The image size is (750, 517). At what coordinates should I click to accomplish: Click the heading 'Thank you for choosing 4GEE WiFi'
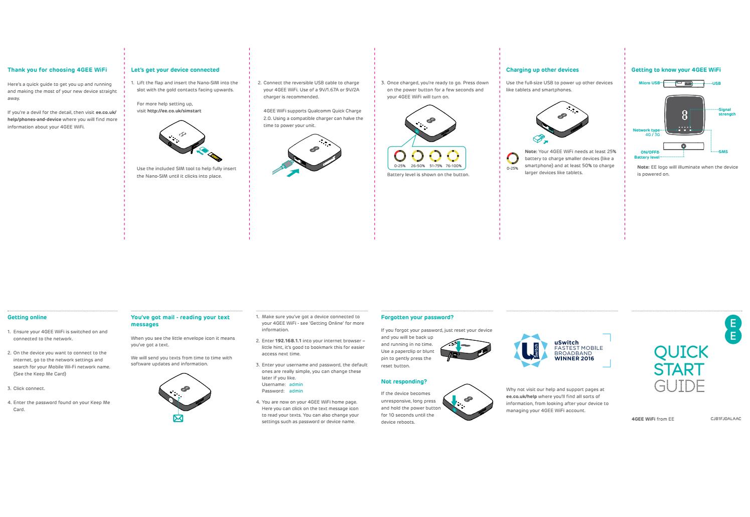tap(57, 70)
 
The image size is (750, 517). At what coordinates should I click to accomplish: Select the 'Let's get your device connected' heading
tap(175, 70)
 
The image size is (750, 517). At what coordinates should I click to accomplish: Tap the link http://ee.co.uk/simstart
tap(174, 111)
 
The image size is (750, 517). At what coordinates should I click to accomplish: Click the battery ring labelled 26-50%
tap(418, 156)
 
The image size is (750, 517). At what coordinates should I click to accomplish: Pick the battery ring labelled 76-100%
tap(453, 156)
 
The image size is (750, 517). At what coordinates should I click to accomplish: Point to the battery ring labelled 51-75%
tap(435, 156)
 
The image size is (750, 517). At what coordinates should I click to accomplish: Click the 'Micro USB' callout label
tap(649, 83)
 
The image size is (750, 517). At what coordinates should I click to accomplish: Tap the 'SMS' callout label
tap(723, 152)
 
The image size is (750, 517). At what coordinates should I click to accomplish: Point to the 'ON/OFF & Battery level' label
tap(647, 155)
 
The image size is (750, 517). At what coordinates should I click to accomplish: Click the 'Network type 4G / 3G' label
tap(647, 132)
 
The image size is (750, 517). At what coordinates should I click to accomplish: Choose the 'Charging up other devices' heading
tap(542, 70)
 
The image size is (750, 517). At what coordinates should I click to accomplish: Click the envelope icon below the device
tap(178, 418)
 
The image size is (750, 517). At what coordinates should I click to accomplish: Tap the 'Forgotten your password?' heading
tap(417, 317)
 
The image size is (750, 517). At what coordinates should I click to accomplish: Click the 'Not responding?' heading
tap(404, 382)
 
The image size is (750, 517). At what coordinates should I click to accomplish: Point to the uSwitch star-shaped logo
tap(531, 350)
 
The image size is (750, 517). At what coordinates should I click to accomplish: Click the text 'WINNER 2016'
tap(574, 358)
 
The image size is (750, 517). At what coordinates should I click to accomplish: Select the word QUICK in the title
tap(681, 352)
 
